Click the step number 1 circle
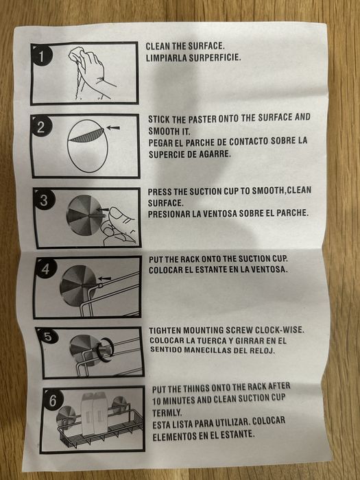point(42,56)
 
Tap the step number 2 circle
point(42,126)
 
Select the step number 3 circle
point(45,200)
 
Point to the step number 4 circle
point(46,269)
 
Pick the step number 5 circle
point(49,336)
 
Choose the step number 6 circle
point(53,400)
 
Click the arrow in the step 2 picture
point(112,128)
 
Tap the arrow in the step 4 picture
point(104,278)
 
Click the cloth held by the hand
point(77,55)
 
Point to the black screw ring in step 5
point(106,350)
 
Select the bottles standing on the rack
point(94,412)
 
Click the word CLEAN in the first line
point(157,46)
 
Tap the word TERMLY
point(167,413)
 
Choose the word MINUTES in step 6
point(181,400)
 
